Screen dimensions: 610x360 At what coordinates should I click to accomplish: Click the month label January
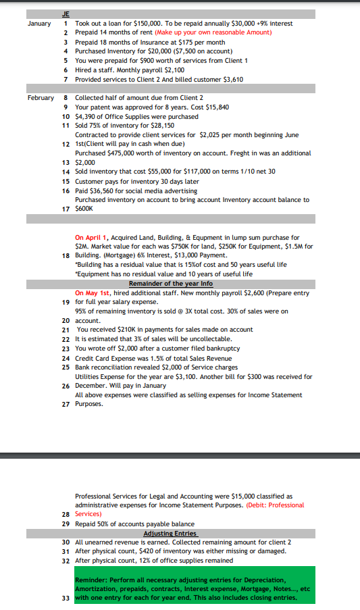[x=38, y=23]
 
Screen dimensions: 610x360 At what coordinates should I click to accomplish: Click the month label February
[x=41, y=97]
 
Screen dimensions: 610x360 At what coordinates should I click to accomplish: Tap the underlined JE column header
[x=66, y=14]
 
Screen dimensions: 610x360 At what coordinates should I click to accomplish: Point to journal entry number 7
[x=65, y=79]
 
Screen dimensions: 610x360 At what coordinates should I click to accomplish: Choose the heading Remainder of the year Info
[x=171, y=284]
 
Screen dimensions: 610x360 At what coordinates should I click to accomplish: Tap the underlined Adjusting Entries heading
[x=171, y=533]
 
